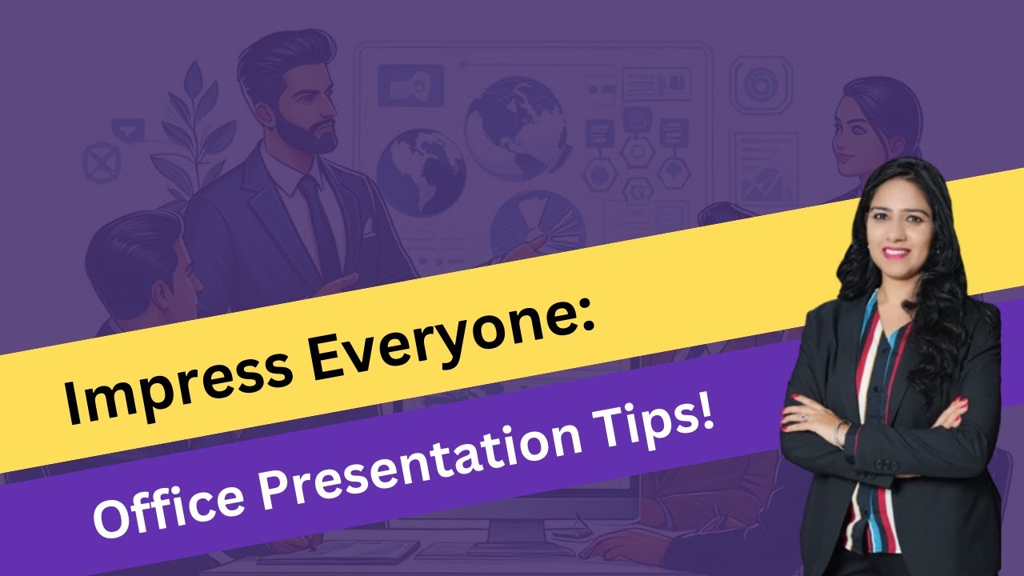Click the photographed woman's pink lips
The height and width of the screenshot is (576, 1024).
tap(896, 253)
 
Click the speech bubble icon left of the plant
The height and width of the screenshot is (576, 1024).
tap(128, 128)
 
